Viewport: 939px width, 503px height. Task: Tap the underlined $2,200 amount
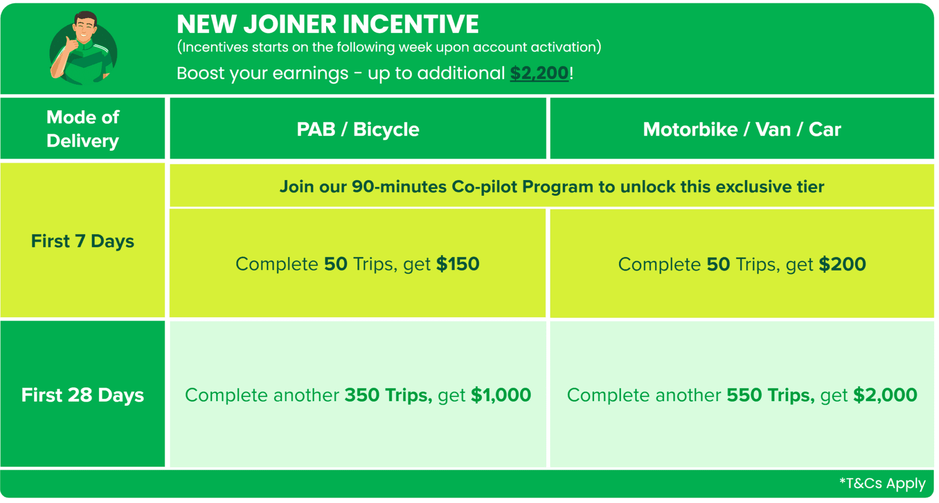coord(539,73)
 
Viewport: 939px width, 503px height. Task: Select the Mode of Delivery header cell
coord(83,129)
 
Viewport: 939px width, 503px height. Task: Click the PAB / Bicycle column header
coord(358,129)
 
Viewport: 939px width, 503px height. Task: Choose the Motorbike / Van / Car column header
coord(742,129)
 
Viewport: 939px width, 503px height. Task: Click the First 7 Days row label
coord(83,241)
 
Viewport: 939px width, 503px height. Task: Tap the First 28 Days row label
coord(83,395)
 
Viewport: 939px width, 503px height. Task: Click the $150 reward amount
coord(458,264)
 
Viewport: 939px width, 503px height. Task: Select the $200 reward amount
coord(843,264)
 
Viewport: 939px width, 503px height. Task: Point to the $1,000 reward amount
coord(501,395)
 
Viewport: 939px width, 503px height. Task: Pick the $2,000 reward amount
coord(885,395)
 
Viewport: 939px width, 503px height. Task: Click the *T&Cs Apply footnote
coord(882,483)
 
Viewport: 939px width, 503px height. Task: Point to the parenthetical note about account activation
coord(389,47)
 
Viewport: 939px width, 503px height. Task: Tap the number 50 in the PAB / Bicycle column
coord(335,264)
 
